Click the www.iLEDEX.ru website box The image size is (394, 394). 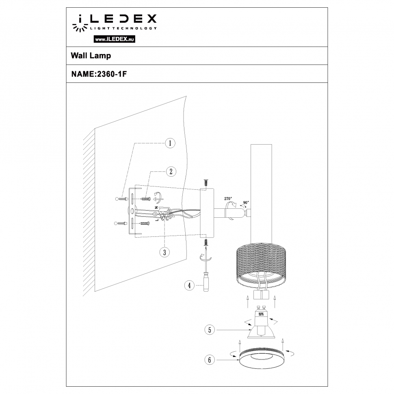(x=115, y=39)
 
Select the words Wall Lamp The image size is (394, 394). (x=91, y=56)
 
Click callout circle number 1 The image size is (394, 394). (x=170, y=143)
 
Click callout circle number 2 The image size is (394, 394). (x=171, y=171)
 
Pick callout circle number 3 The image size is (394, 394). (x=164, y=252)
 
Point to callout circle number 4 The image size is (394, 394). (x=188, y=286)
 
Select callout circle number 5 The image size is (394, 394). (x=210, y=330)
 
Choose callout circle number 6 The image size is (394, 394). (x=209, y=359)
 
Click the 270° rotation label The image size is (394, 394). (x=228, y=199)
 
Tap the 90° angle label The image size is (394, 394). (x=246, y=202)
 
